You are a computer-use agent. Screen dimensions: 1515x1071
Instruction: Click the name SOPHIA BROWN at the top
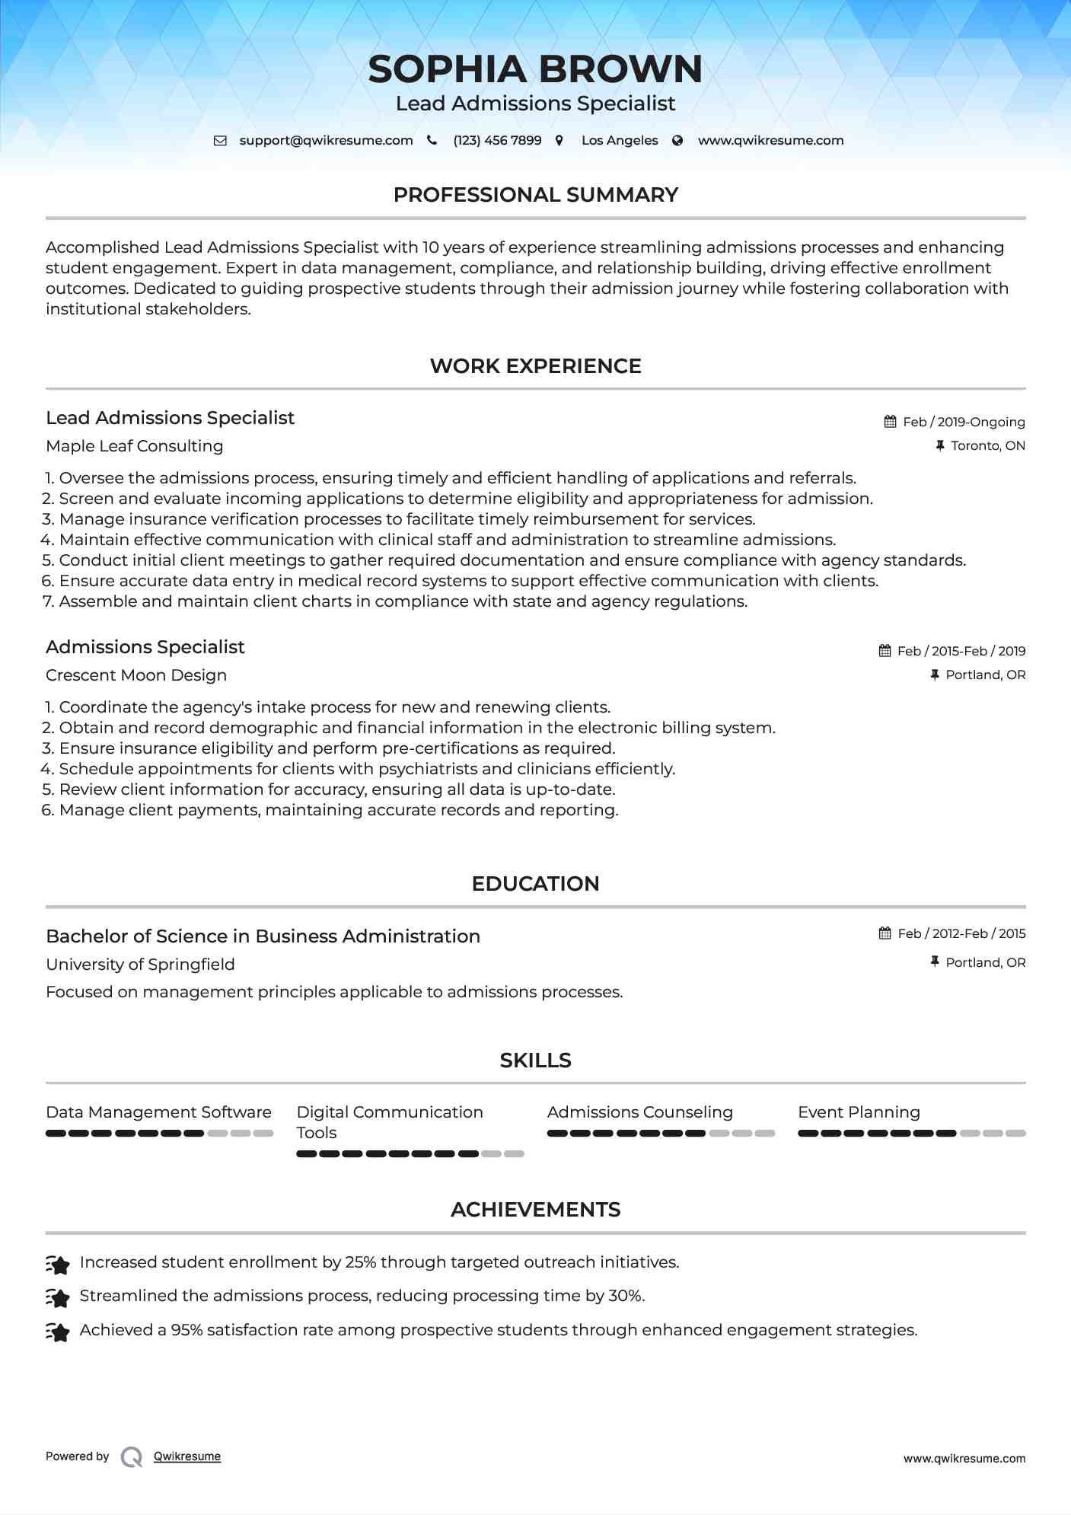click(x=535, y=69)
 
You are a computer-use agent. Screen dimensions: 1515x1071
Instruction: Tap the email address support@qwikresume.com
click(x=326, y=140)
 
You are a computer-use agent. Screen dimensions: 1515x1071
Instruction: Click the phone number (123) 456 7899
click(x=497, y=140)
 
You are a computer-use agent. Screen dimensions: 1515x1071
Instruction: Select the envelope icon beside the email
click(x=220, y=140)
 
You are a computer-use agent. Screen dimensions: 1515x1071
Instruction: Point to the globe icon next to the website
click(x=677, y=140)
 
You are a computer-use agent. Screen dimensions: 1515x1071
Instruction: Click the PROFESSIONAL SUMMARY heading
click(x=535, y=195)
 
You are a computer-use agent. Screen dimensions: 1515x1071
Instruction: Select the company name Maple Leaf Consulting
click(x=134, y=446)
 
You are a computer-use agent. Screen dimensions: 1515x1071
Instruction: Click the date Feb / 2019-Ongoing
click(x=964, y=422)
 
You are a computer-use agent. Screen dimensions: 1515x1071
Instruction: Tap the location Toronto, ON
click(x=987, y=445)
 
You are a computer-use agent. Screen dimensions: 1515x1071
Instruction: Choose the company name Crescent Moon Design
click(x=136, y=675)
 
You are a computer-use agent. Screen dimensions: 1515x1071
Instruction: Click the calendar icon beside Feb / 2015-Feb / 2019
click(x=885, y=651)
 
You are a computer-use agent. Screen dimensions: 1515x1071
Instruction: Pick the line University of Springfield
click(x=140, y=965)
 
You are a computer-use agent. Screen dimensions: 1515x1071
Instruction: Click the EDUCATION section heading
click(x=535, y=884)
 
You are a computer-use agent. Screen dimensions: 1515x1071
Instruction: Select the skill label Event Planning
click(x=859, y=1112)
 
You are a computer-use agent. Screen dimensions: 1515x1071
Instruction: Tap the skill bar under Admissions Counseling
click(x=660, y=1134)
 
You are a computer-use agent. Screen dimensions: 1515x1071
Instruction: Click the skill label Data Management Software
click(x=158, y=1112)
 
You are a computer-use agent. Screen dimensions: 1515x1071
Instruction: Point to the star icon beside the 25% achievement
click(x=58, y=1265)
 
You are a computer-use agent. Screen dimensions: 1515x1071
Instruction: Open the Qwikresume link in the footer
click(x=187, y=1456)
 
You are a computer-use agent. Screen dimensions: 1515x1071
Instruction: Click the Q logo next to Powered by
click(x=132, y=1457)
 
